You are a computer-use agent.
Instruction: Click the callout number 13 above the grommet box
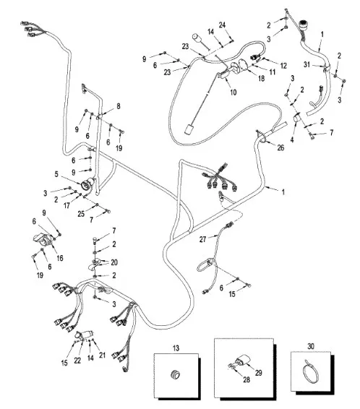[x=176, y=348]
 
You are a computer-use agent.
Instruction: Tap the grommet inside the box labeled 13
[x=175, y=374]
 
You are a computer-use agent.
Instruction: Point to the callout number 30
[x=311, y=346]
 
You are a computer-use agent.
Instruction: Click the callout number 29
[x=259, y=372]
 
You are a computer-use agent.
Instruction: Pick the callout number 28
[x=247, y=379]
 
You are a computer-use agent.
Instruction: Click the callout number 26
[x=280, y=148]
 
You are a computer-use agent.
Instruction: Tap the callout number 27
[x=202, y=239]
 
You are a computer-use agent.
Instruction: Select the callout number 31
[x=307, y=64]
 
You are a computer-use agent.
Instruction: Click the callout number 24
[x=222, y=25]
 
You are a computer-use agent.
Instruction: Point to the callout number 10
[x=233, y=92]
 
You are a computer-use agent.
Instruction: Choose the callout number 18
[x=261, y=78]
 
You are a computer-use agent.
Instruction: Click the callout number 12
[x=283, y=66]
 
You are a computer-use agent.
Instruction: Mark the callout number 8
[x=119, y=106]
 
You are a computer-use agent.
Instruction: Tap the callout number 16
[x=60, y=258]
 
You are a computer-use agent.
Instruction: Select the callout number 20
[x=114, y=262]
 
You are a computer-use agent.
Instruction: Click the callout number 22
[x=77, y=360]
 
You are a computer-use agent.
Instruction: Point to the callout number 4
[x=292, y=139]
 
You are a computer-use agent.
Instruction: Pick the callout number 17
[x=67, y=205]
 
